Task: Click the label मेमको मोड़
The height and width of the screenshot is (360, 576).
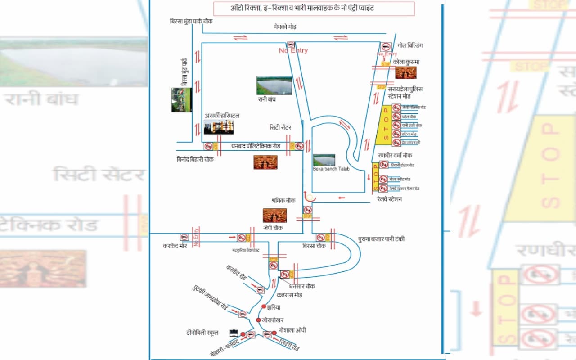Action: (x=285, y=27)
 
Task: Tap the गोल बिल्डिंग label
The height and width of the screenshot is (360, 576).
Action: (x=410, y=45)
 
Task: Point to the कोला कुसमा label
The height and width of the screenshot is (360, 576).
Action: (x=406, y=62)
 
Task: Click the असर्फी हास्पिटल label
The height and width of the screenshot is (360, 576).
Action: (x=222, y=116)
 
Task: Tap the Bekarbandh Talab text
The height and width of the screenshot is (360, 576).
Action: (x=331, y=169)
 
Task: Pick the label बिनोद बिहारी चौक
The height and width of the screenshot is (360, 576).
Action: (x=195, y=159)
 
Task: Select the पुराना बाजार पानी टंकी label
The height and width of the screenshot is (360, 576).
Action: (x=381, y=239)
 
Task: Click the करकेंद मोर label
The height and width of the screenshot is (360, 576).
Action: (x=175, y=246)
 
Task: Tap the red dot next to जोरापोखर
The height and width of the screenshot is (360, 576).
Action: (x=258, y=320)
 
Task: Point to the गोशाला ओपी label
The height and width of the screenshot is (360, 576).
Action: (x=292, y=330)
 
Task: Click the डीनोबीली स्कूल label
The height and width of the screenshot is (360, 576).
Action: (x=202, y=333)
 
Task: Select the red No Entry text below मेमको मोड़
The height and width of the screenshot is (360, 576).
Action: (x=293, y=51)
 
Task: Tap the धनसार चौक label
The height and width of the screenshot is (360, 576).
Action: (x=302, y=286)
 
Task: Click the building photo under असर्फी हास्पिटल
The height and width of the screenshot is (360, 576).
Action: (x=219, y=127)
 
